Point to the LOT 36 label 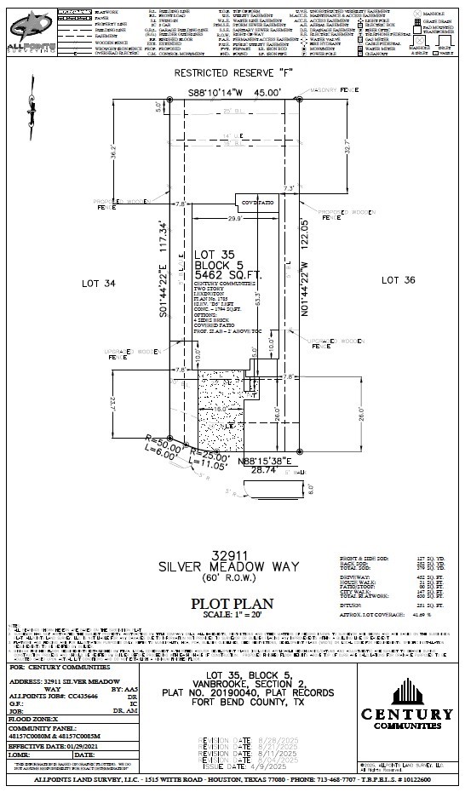pos(398,280)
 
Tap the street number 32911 pos(232,554)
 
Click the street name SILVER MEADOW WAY pos(232,565)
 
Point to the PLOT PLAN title pos(232,604)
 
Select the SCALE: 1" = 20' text pos(232,616)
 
